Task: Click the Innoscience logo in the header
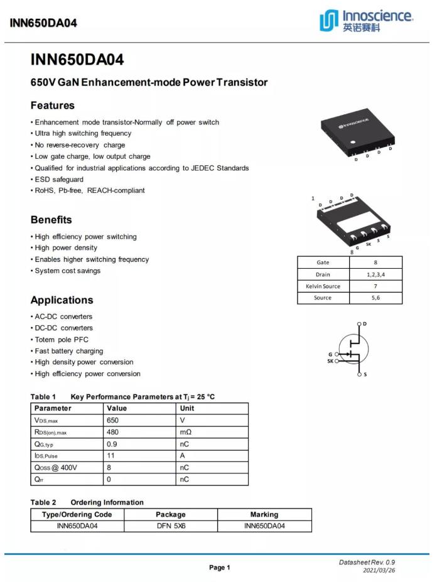[366, 21]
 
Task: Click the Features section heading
[53, 105]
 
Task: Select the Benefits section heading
[51, 220]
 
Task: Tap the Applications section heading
[62, 300]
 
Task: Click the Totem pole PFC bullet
[62, 340]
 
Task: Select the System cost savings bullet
[67, 271]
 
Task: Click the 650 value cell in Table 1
[113, 420]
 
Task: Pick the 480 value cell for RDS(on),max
[113, 432]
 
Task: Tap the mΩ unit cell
[185, 432]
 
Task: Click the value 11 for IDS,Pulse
[110, 456]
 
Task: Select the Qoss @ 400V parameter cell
[56, 468]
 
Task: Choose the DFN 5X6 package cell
[171, 526]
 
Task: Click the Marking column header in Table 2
[264, 514]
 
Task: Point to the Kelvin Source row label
[323, 286]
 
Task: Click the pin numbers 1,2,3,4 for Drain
[375, 274]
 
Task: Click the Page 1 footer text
[220, 568]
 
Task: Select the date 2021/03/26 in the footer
[379, 571]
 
